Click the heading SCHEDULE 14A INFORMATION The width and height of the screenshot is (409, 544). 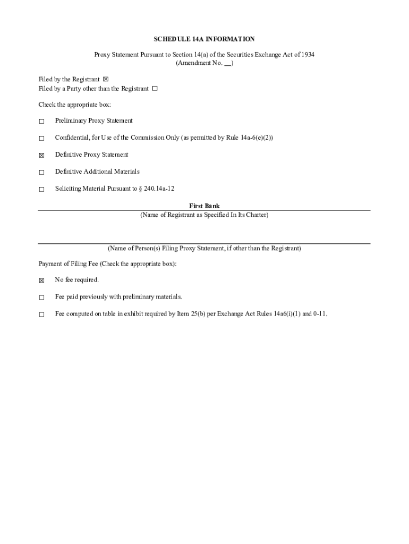pyautogui.click(x=204, y=39)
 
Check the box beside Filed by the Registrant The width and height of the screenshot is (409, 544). pyautogui.click(x=105, y=80)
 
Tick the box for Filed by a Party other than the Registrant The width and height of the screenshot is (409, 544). pyautogui.click(x=155, y=89)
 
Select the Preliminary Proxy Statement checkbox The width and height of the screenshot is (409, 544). pyautogui.click(x=41, y=122)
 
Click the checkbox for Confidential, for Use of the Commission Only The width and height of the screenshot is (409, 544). pyautogui.click(x=41, y=139)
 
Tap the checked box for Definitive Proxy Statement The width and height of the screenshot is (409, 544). pyautogui.click(x=41, y=156)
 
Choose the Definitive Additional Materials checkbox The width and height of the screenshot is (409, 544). pyautogui.click(x=41, y=173)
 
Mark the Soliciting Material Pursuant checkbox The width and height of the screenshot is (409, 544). pyautogui.click(x=41, y=190)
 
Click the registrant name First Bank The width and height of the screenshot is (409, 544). pyautogui.click(x=204, y=206)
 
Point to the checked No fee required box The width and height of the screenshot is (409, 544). pyautogui.click(x=41, y=280)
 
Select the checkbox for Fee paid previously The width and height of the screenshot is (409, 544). pyautogui.click(x=41, y=297)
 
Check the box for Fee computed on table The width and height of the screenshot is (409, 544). pyautogui.click(x=41, y=314)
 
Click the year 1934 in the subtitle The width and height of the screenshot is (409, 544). pyautogui.click(x=307, y=55)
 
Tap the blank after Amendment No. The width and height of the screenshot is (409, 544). pyautogui.click(x=227, y=63)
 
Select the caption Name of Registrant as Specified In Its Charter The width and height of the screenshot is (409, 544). pyautogui.click(x=204, y=215)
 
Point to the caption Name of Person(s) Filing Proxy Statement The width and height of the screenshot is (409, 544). pyautogui.click(x=204, y=248)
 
